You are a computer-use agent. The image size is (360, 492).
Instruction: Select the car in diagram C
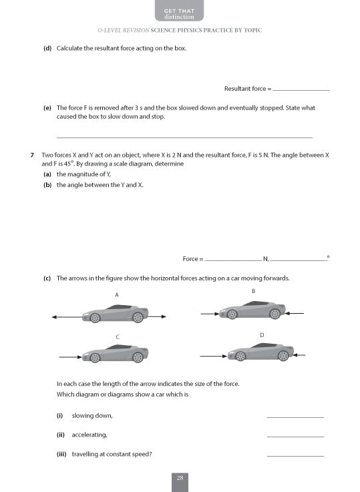(114, 354)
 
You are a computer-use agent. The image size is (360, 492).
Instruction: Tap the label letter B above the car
(253, 291)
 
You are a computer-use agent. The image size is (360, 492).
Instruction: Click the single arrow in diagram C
(70, 357)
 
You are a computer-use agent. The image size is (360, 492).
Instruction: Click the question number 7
(32, 155)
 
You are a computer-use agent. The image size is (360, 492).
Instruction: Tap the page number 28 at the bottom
(180, 477)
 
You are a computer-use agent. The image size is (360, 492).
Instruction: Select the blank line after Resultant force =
(301, 89)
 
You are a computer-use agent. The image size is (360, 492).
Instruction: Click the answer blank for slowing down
(295, 417)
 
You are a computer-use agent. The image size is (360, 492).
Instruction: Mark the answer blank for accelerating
(295, 437)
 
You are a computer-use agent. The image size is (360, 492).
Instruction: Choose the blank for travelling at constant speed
(295, 456)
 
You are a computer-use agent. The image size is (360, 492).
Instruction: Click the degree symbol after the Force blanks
(328, 256)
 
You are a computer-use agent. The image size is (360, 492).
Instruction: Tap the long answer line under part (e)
(184, 137)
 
